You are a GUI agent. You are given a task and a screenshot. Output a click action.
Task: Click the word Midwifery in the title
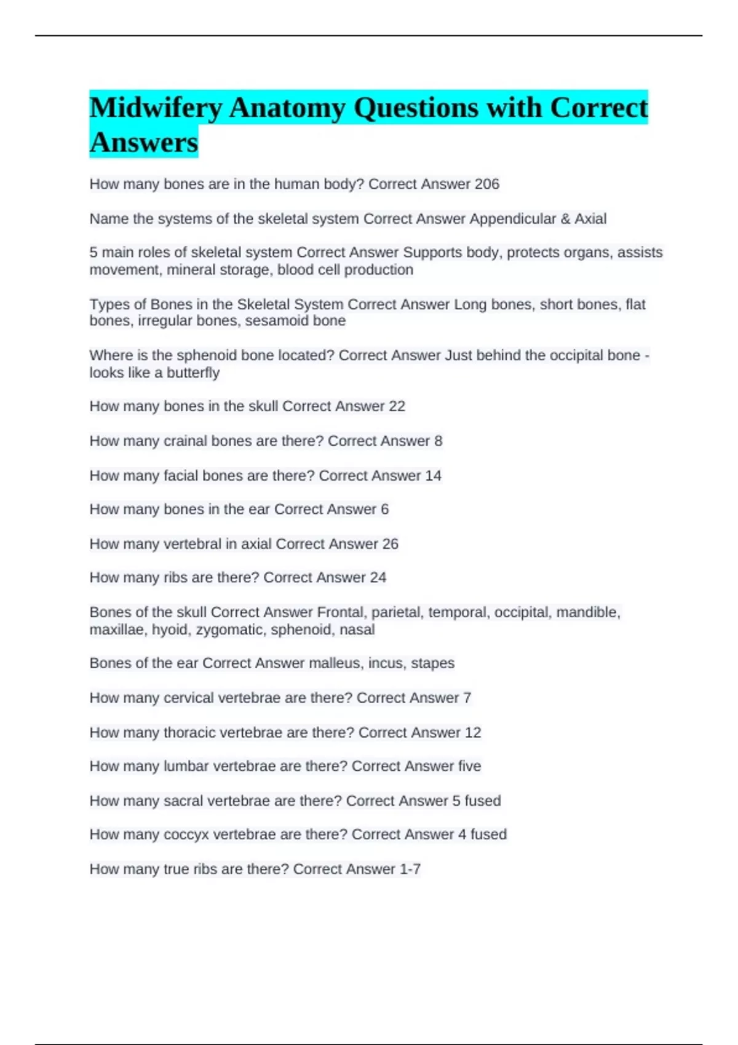[x=156, y=108]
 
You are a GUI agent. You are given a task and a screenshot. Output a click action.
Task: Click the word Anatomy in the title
[x=287, y=108]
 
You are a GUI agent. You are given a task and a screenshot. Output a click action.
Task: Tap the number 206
[x=486, y=184]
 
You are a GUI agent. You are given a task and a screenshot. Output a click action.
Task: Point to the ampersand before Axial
[x=565, y=219]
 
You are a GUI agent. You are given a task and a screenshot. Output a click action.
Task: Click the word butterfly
[x=193, y=373]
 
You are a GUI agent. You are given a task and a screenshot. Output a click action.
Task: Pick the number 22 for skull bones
[x=397, y=406]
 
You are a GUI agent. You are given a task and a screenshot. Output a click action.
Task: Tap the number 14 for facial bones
[x=433, y=475]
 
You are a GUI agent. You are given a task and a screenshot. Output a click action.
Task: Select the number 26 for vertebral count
[x=390, y=544]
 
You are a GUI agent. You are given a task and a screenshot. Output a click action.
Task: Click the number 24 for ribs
[x=378, y=578]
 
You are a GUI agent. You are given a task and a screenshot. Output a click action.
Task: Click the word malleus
[x=335, y=663]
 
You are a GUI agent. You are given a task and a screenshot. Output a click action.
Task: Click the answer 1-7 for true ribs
[x=410, y=869]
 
